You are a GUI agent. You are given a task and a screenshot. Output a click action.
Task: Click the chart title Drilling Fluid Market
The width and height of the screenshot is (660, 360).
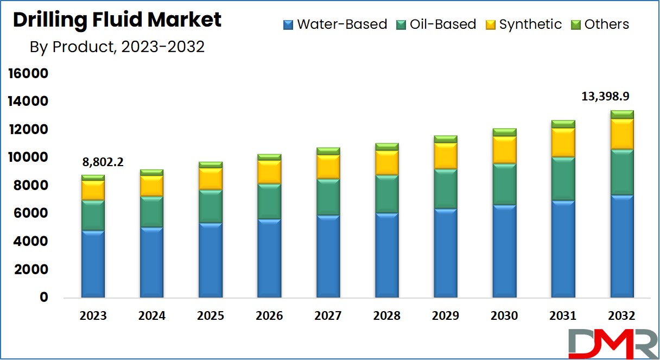[x=117, y=21]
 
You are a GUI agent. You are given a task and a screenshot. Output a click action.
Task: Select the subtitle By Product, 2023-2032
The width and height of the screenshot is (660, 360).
[x=117, y=47]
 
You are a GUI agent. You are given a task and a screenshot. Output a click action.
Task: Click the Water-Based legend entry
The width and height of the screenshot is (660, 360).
[x=335, y=24]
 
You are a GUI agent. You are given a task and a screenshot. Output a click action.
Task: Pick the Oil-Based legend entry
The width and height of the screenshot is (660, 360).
[x=435, y=24]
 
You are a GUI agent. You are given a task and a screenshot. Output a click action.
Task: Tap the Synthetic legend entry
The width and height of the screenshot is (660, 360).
[x=523, y=24]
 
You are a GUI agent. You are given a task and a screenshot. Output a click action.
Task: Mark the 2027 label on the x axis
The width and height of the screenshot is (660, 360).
[x=328, y=316]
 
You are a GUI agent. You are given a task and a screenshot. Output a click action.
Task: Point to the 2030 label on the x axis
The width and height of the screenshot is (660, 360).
[x=504, y=316]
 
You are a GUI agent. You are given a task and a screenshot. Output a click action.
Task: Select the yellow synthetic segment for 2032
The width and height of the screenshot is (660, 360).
[x=621, y=134]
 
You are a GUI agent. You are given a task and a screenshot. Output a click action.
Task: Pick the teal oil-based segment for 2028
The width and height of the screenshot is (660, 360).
[x=386, y=194]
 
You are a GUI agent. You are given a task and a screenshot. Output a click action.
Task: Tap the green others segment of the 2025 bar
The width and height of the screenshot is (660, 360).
[x=211, y=165]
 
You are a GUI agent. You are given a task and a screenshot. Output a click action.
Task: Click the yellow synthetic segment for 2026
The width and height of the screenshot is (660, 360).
[x=269, y=172]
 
